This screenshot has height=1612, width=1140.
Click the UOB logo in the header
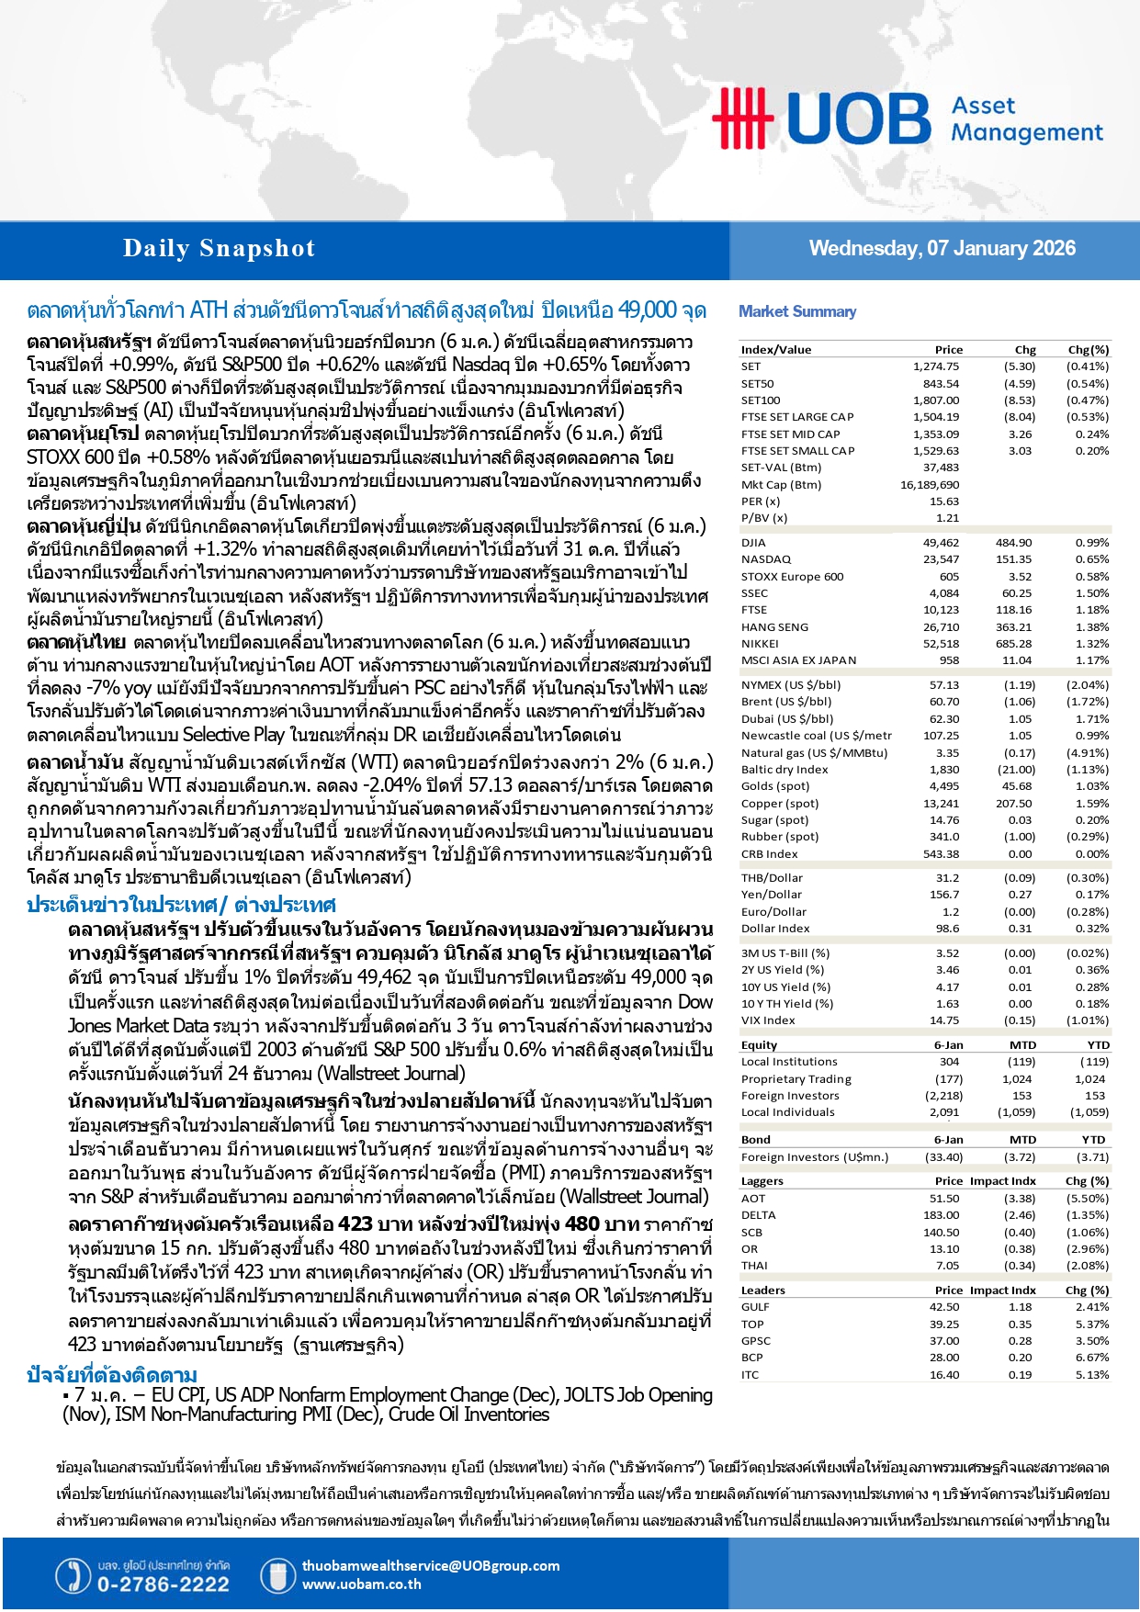(x=821, y=118)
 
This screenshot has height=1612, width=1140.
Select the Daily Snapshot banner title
(x=219, y=249)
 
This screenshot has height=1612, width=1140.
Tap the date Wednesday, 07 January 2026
(x=942, y=248)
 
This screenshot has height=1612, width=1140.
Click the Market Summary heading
(x=797, y=311)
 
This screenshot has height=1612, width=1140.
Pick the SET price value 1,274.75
(x=935, y=366)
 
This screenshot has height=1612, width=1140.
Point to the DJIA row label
(x=753, y=543)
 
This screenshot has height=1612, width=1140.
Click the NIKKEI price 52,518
(x=941, y=644)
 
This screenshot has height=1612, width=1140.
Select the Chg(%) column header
(x=1088, y=350)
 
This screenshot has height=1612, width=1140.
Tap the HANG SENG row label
(x=774, y=627)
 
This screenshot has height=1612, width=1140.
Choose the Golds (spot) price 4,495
(x=943, y=786)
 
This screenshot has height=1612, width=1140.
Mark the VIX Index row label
(x=768, y=1020)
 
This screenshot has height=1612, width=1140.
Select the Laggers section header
(x=762, y=1181)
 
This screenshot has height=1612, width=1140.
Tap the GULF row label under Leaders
(x=755, y=1307)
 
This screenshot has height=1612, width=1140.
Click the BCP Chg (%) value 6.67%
(x=1092, y=1358)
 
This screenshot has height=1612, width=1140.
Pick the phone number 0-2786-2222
(x=163, y=1584)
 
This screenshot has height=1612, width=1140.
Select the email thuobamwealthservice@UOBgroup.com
(x=431, y=1566)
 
